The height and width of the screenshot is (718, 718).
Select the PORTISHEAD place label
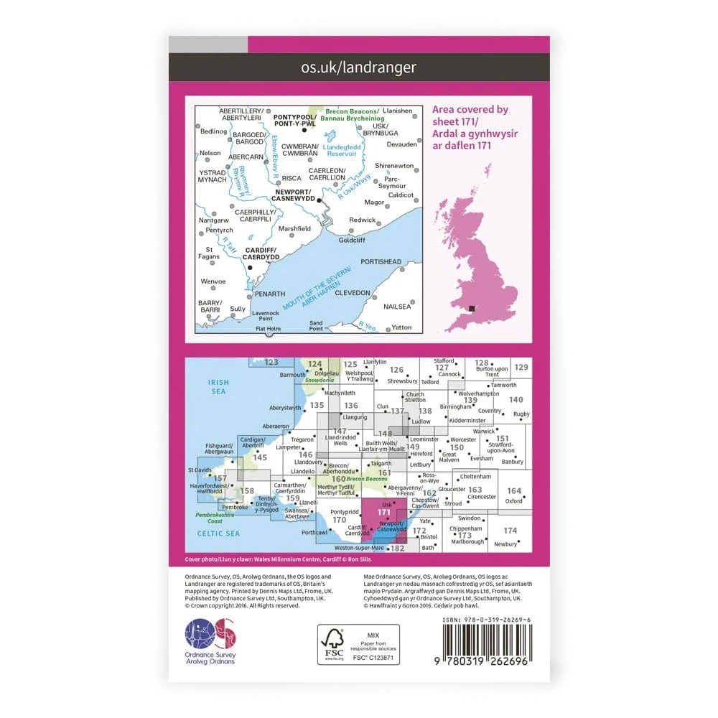[x=381, y=262]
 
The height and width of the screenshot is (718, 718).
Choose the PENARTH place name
[x=271, y=294]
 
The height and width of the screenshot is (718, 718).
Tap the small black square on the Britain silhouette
[x=472, y=309]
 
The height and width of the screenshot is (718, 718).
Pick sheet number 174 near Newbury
[x=510, y=531]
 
